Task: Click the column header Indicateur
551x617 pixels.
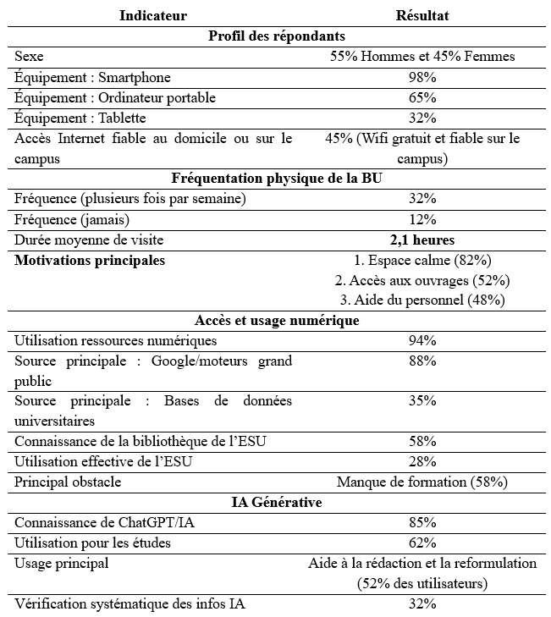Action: [x=153, y=16]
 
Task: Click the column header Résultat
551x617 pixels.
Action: [x=422, y=16]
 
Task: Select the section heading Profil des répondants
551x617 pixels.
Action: [x=275, y=36]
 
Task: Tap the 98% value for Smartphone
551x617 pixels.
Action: [x=422, y=78]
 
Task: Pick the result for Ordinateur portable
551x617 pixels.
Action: [x=422, y=98]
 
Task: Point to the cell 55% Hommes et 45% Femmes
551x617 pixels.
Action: [x=422, y=58]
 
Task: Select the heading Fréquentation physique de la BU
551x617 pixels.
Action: [x=275, y=179]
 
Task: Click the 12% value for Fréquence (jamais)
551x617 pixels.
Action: [x=422, y=220]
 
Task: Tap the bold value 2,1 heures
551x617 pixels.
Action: [x=422, y=240]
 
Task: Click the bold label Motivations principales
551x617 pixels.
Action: [x=90, y=261]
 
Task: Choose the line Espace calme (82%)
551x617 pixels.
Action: [x=422, y=261]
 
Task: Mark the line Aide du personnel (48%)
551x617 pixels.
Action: [x=422, y=300]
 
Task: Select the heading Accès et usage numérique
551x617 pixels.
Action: [x=275, y=321]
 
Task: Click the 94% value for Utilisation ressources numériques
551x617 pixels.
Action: [x=422, y=341]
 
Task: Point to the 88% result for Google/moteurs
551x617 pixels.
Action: [x=422, y=361]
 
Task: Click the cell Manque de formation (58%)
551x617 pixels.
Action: [x=422, y=482]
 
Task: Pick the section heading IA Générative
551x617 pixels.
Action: [x=275, y=503]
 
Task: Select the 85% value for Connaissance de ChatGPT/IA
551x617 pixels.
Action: [x=422, y=523]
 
